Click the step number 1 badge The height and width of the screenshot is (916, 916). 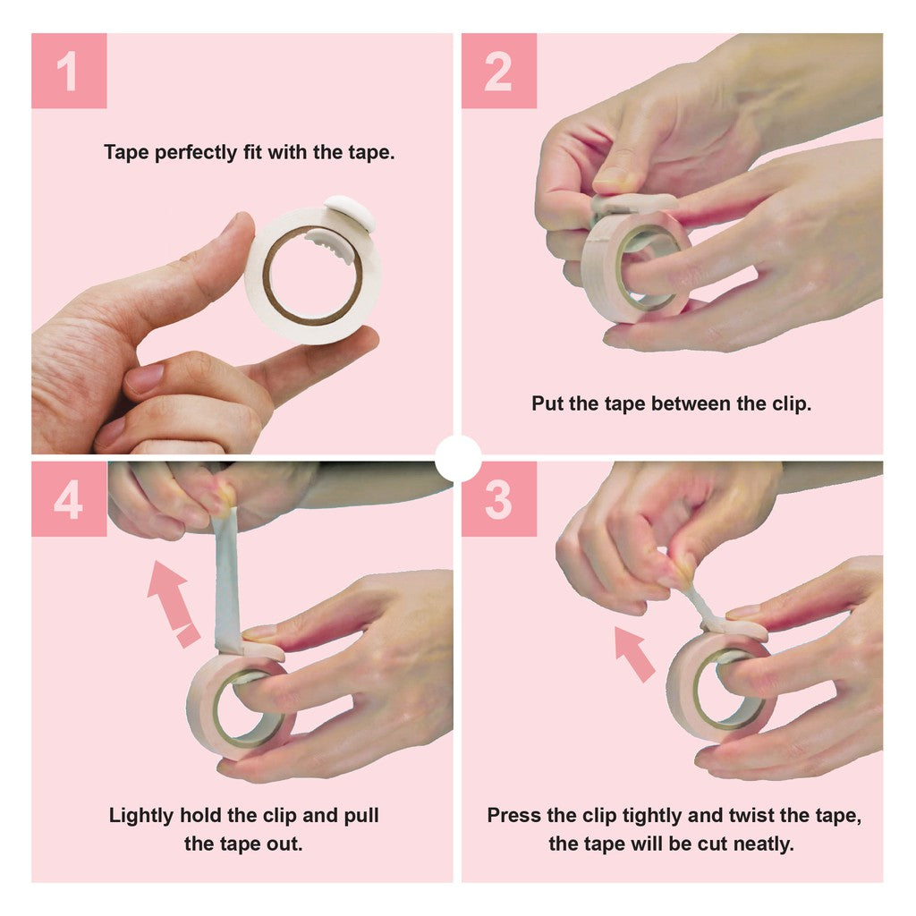pos(69,71)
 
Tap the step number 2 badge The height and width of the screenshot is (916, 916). pos(498,71)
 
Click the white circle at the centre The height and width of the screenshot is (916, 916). pos(458,457)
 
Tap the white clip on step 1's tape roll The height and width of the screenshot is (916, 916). pos(350,214)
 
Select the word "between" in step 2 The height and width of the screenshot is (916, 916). pos(688,403)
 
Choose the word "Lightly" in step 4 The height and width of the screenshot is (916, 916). pos(141,816)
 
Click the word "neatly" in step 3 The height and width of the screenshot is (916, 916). pos(763,844)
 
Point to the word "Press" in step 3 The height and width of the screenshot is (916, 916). pos(513,816)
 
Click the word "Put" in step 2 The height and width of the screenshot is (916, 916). pos(547,403)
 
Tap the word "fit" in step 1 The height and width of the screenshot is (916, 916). pos(253,152)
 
